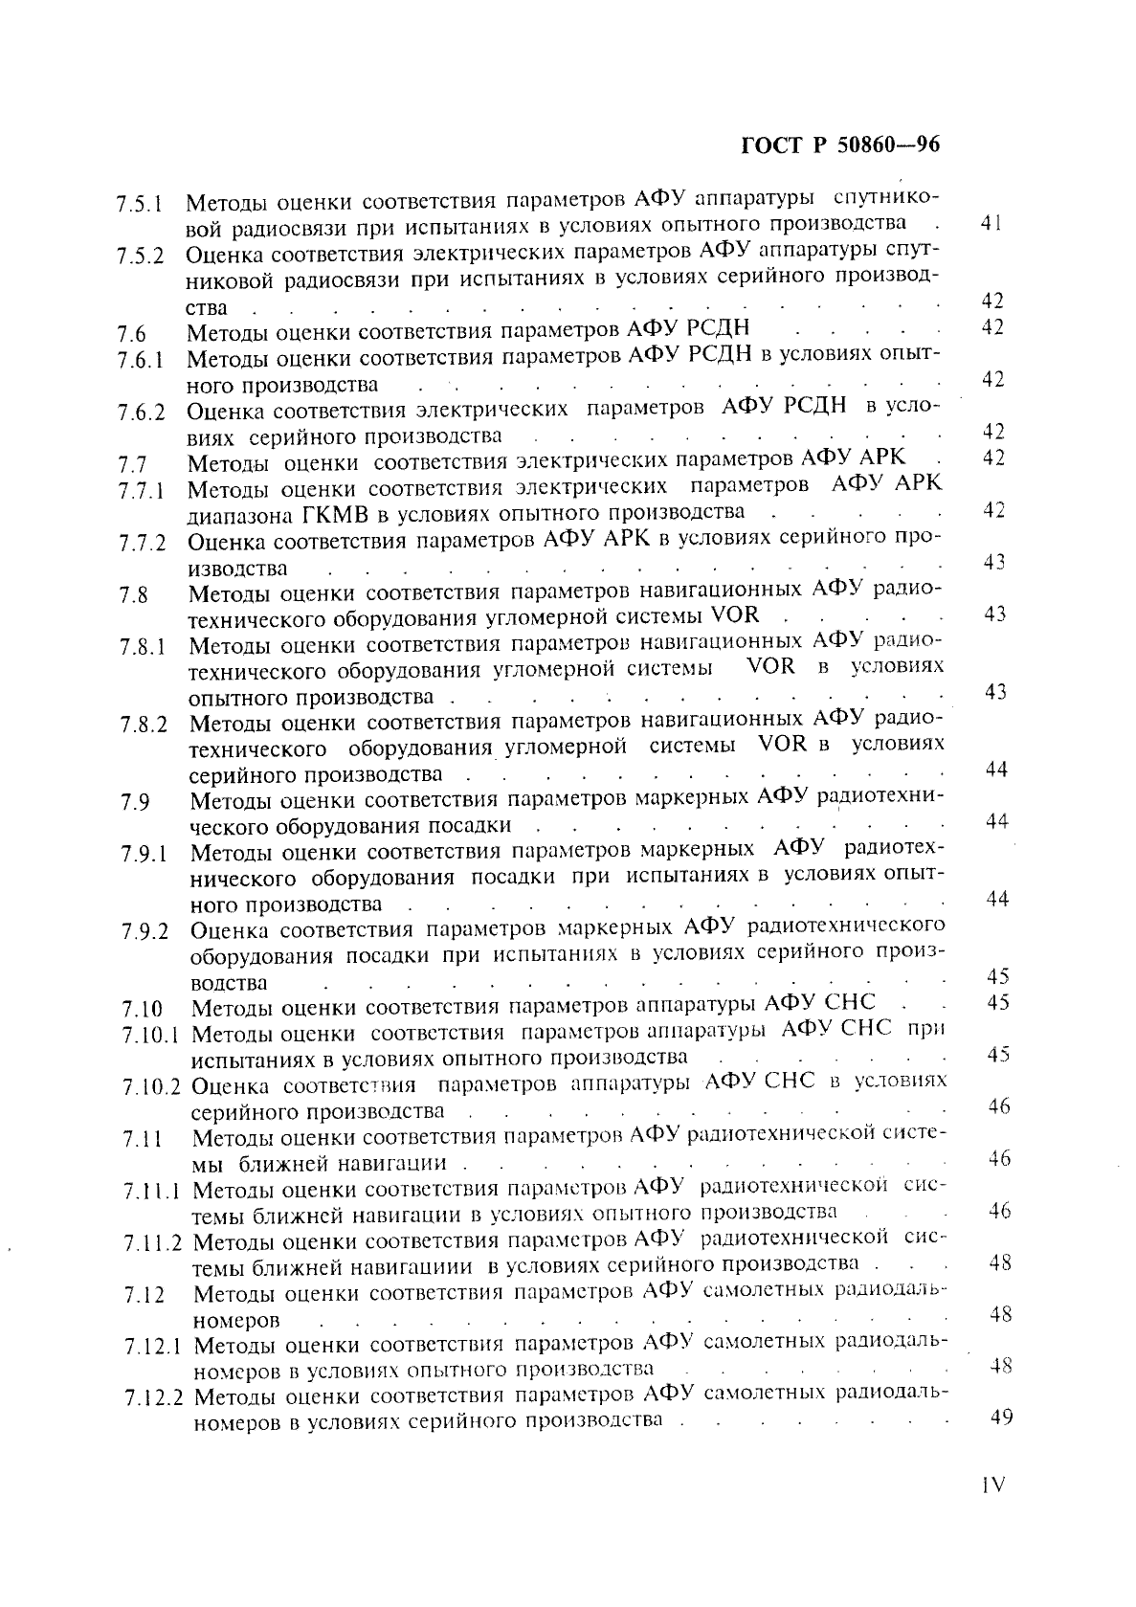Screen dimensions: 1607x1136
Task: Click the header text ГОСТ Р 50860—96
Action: [840, 145]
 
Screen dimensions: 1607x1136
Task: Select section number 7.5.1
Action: [140, 205]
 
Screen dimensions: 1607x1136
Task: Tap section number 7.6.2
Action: [142, 413]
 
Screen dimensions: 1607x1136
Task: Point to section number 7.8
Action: [134, 595]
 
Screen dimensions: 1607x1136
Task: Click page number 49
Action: [1001, 1417]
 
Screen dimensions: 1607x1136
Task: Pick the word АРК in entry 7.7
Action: [875, 458]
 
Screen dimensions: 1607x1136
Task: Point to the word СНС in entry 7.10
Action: [842, 1003]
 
